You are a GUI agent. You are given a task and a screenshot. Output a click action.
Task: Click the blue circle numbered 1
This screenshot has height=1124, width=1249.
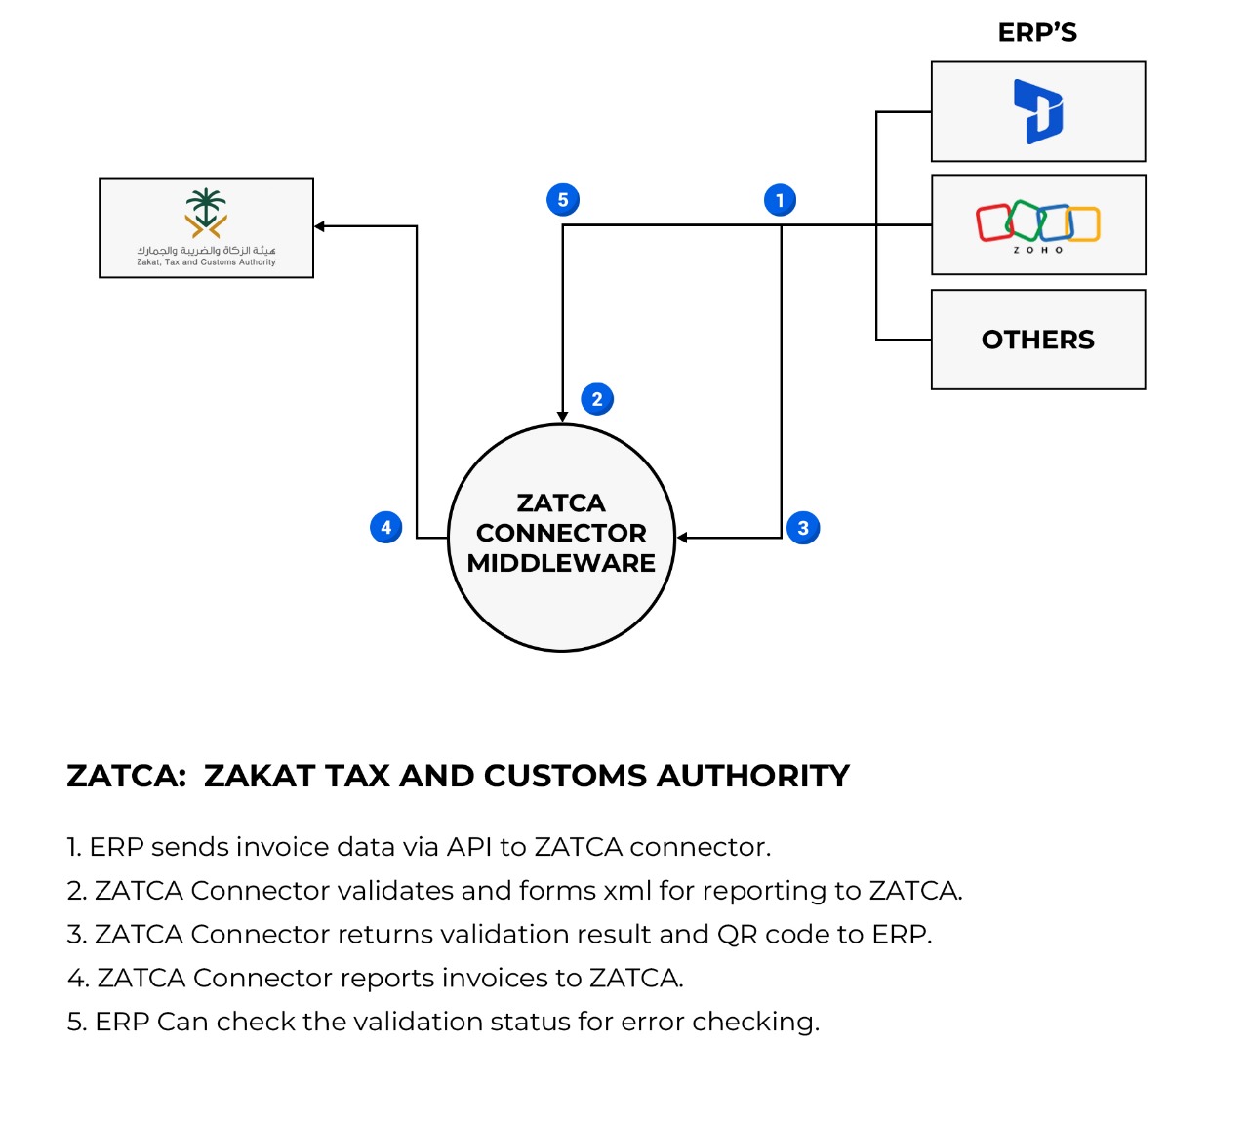click(x=780, y=200)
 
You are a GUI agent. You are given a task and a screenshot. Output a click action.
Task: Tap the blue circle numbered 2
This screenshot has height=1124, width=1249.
click(x=597, y=399)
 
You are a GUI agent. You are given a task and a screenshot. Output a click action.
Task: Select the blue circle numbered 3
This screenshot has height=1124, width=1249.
click(x=803, y=528)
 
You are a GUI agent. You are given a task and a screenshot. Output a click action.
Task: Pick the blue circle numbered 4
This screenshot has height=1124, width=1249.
click(x=386, y=527)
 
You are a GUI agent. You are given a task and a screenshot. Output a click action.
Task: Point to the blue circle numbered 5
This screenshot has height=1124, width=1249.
click(x=563, y=200)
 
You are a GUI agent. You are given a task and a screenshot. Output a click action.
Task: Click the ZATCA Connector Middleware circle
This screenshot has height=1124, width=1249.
click(x=561, y=538)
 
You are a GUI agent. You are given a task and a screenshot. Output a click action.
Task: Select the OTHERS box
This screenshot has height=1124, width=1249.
click(x=1038, y=340)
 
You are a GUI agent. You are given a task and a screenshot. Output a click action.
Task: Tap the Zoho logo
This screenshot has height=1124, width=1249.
click(x=1038, y=223)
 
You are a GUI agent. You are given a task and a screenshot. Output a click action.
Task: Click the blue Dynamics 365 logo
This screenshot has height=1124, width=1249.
click(x=1038, y=111)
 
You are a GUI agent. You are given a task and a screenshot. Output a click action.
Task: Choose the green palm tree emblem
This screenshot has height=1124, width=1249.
click(x=206, y=211)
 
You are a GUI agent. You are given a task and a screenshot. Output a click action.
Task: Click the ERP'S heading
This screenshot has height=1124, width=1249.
click(x=1037, y=33)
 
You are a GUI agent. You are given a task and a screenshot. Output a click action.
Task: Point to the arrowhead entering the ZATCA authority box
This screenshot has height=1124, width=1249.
click(x=320, y=226)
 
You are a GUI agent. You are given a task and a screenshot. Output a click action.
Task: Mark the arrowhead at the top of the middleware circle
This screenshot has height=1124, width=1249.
click(x=562, y=417)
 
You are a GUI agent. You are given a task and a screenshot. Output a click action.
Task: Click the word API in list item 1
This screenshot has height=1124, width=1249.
click(x=468, y=847)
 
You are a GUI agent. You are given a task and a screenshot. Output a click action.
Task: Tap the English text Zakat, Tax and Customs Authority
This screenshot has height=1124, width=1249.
click(x=206, y=262)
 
